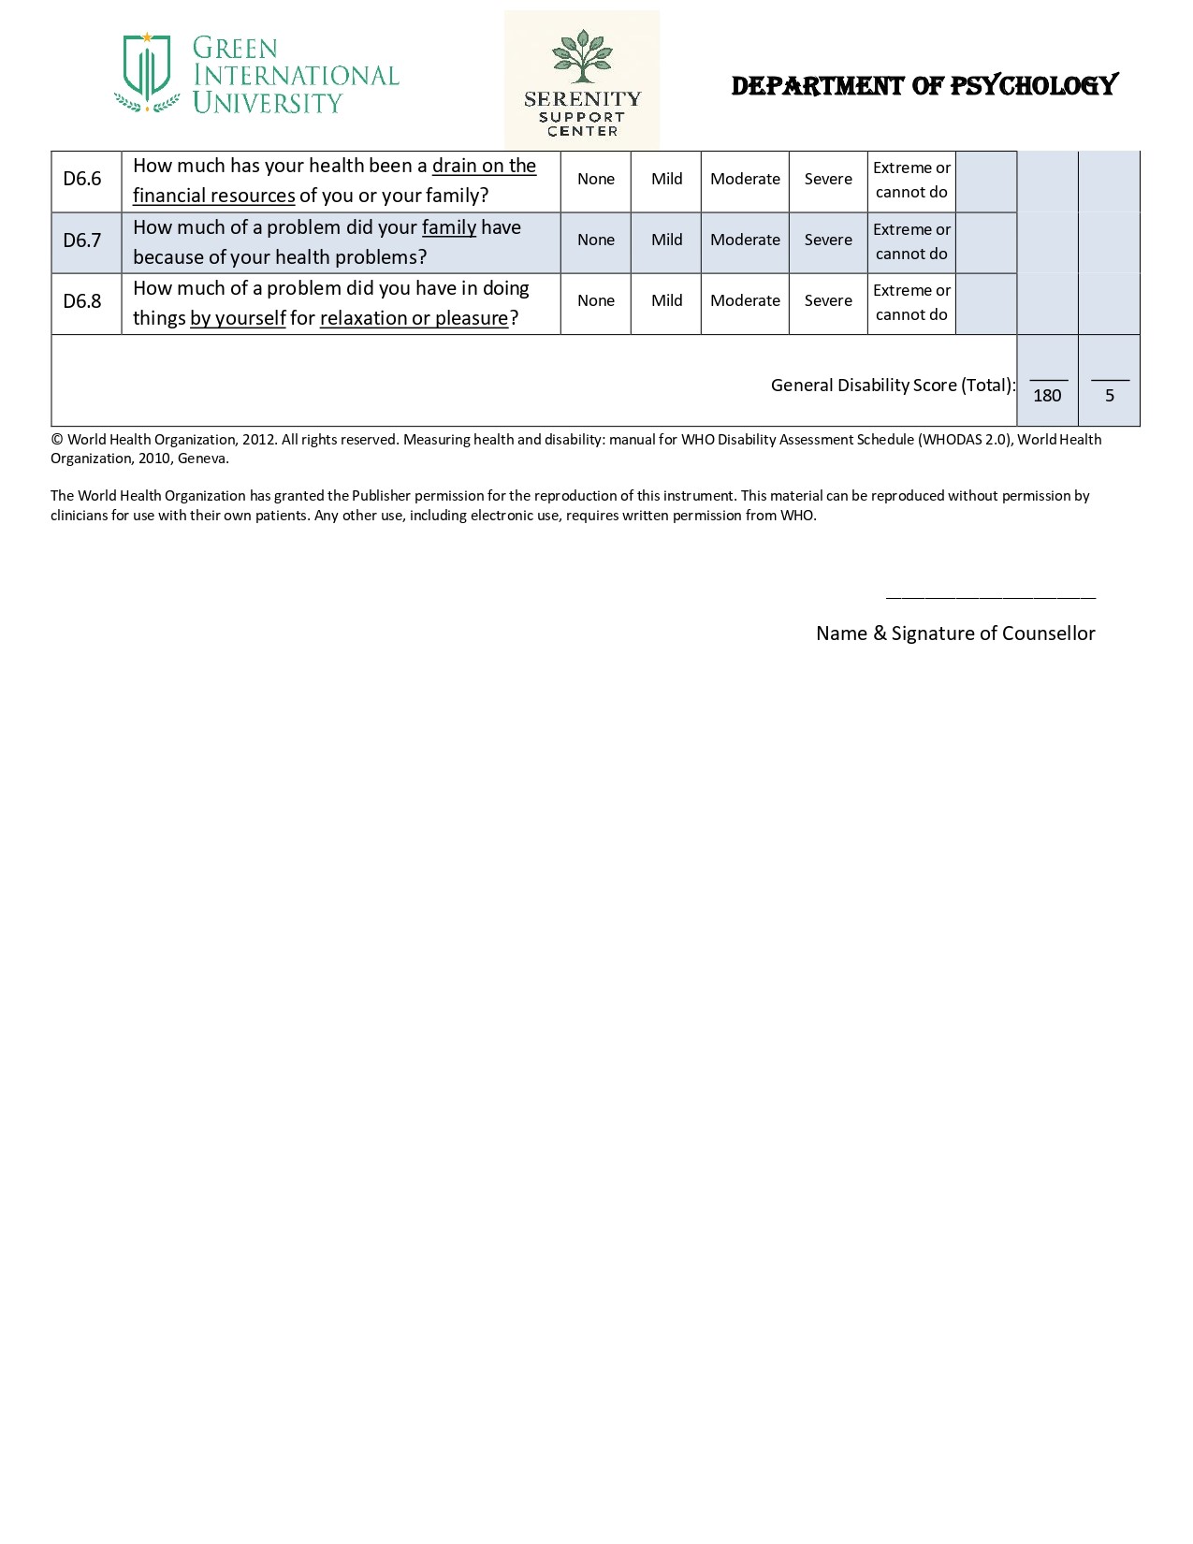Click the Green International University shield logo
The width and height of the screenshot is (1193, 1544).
click(x=147, y=72)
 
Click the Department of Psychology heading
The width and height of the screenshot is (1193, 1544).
click(x=924, y=86)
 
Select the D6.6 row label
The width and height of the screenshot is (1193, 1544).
click(x=82, y=179)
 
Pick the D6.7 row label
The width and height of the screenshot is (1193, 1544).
click(x=82, y=240)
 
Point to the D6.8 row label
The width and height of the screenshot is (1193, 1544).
click(x=82, y=301)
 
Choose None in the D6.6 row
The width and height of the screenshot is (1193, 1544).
click(x=596, y=179)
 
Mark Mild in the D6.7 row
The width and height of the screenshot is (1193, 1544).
click(x=666, y=240)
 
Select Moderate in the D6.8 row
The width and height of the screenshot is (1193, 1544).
click(x=745, y=300)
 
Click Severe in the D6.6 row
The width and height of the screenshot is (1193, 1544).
click(x=828, y=179)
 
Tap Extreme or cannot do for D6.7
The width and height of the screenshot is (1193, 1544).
click(x=911, y=241)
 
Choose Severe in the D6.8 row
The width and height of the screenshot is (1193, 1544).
click(x=828, y=300)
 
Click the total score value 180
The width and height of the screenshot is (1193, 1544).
click(x=1047, y=395)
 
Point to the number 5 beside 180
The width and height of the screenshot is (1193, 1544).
click(x=1110, y=395)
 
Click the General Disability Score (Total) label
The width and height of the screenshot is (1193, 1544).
click(x=893, y=385)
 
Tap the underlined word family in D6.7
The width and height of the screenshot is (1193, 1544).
click(x=449, y=227)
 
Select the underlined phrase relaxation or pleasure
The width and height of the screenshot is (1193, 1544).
click(x=414, y=318)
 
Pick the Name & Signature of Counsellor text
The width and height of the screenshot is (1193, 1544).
click(x=955, y=634)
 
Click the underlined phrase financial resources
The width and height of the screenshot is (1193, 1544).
click(x=214, y=196)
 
